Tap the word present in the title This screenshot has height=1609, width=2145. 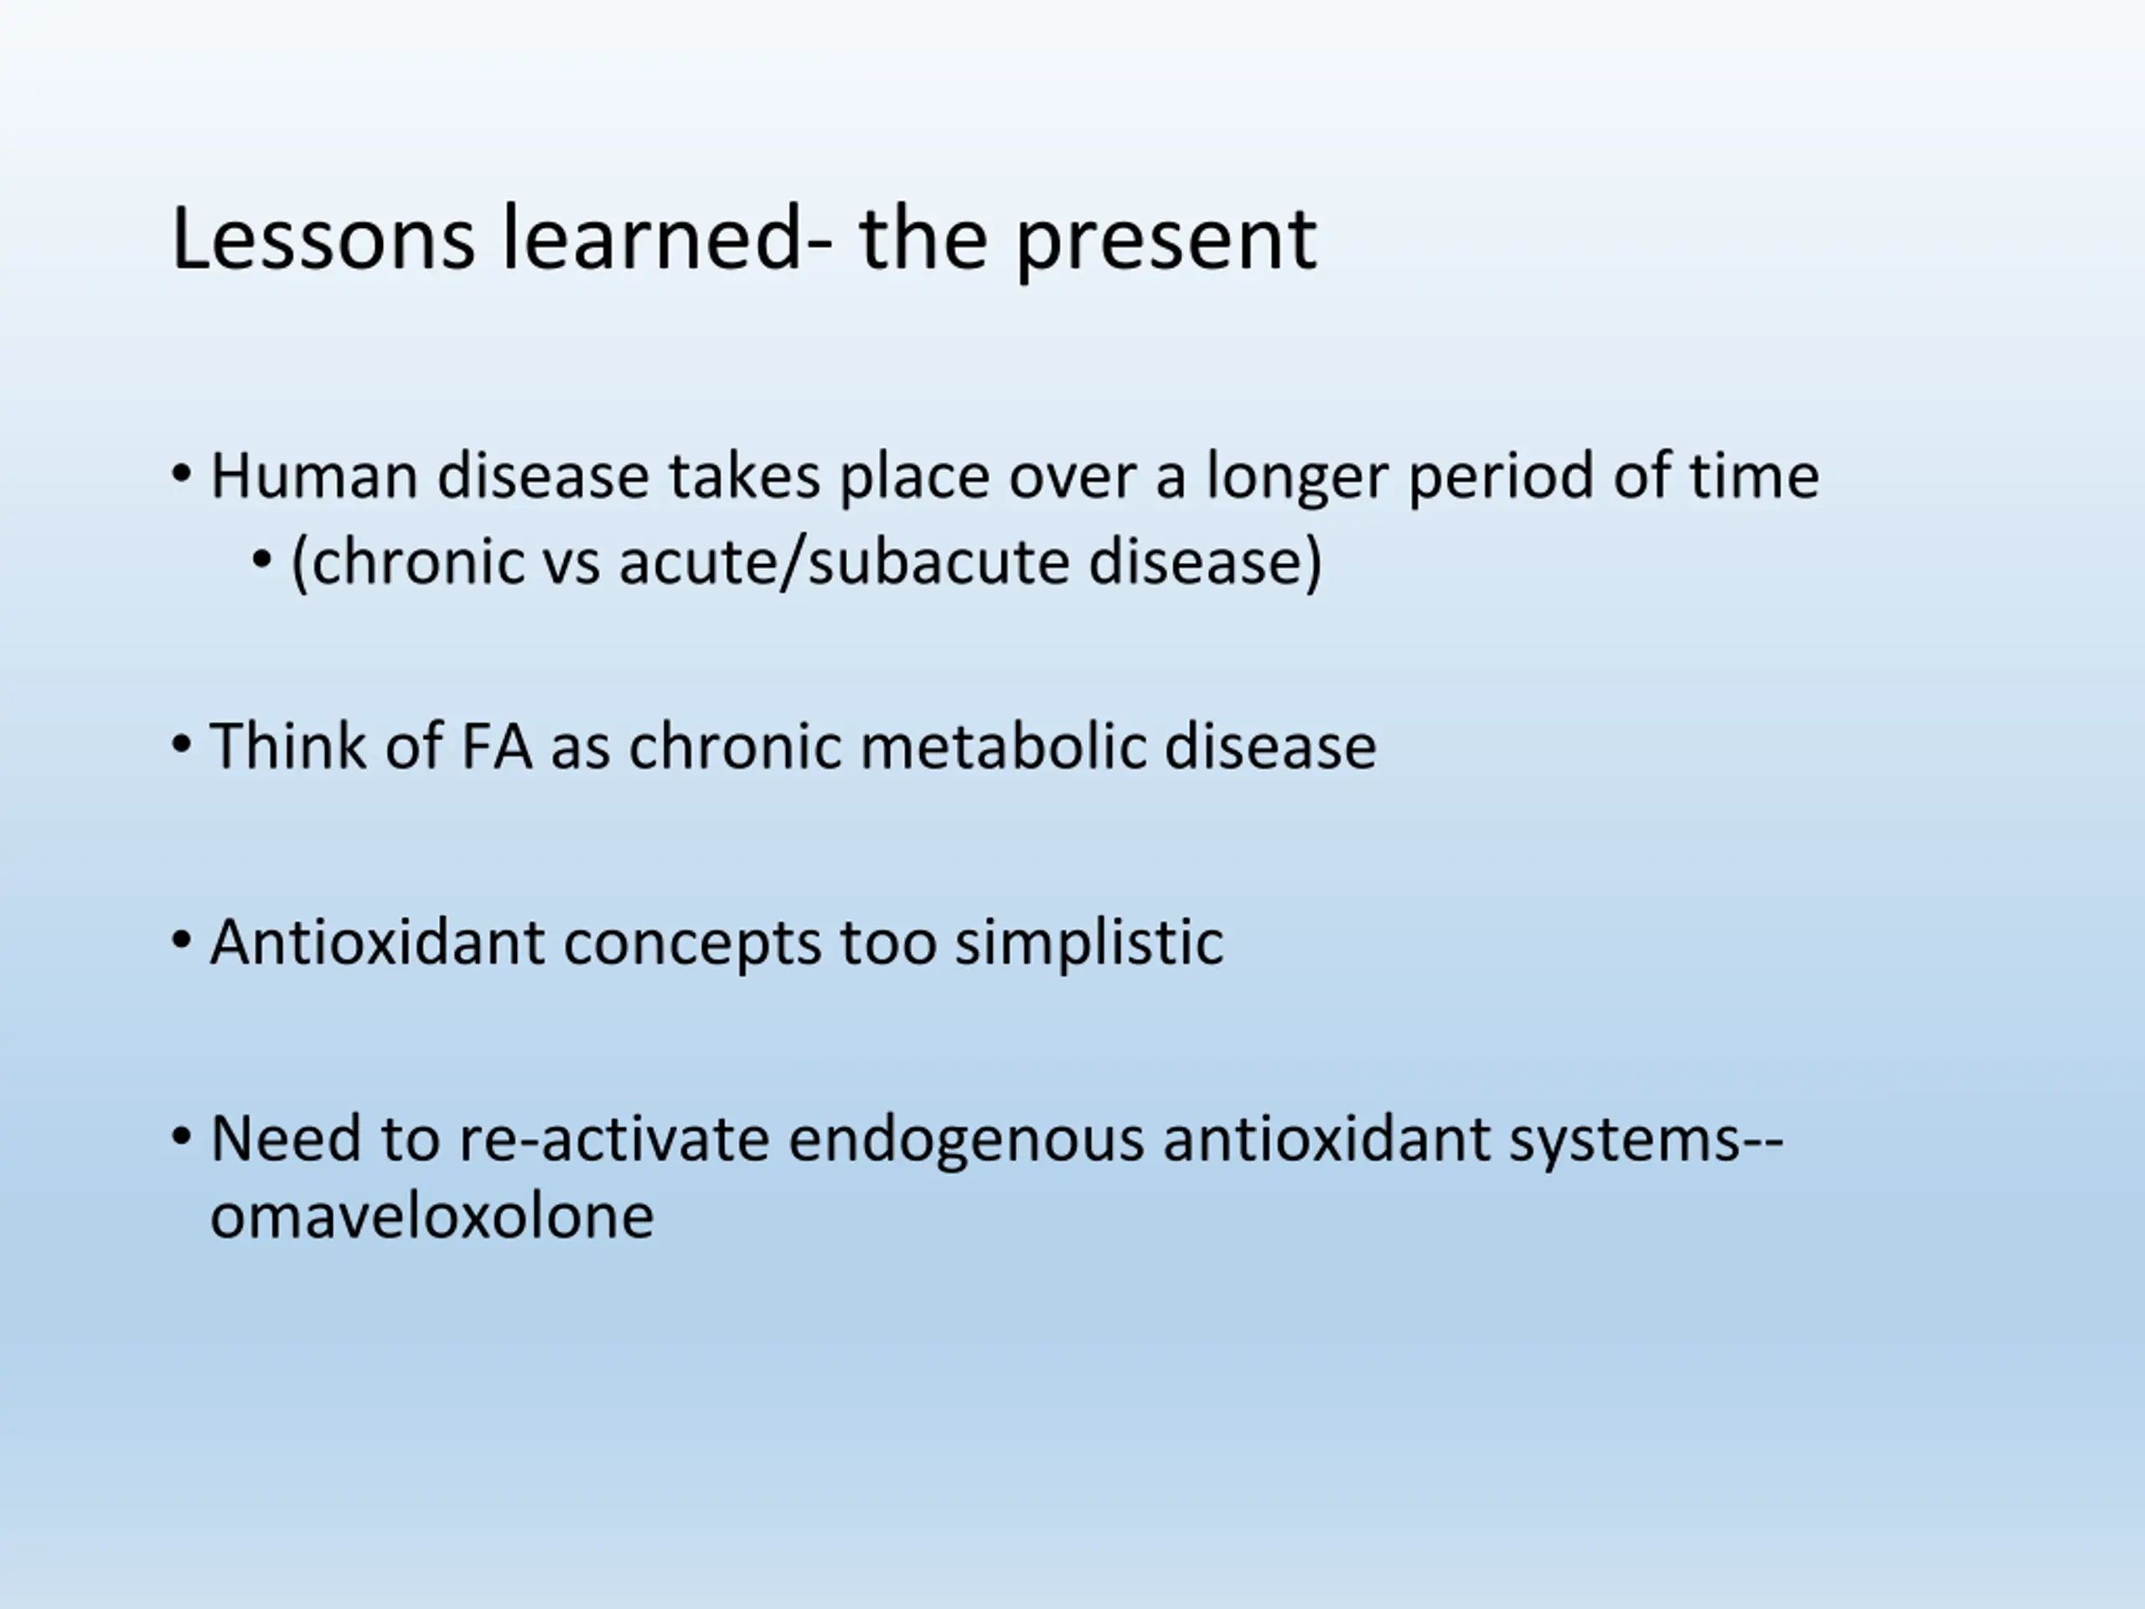[x=1166, y=243]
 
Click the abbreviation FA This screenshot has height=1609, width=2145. [x=495, y=747]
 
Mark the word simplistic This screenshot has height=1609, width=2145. [x=1089, y=943]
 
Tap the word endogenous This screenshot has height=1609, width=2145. [x=966, y=1141]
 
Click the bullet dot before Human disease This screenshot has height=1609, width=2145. [x=181, y=476]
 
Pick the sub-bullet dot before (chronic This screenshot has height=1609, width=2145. [x=261, y=561]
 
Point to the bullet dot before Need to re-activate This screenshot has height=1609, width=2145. [x=181, y=1136]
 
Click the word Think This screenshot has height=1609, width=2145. [x=287, y=746]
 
